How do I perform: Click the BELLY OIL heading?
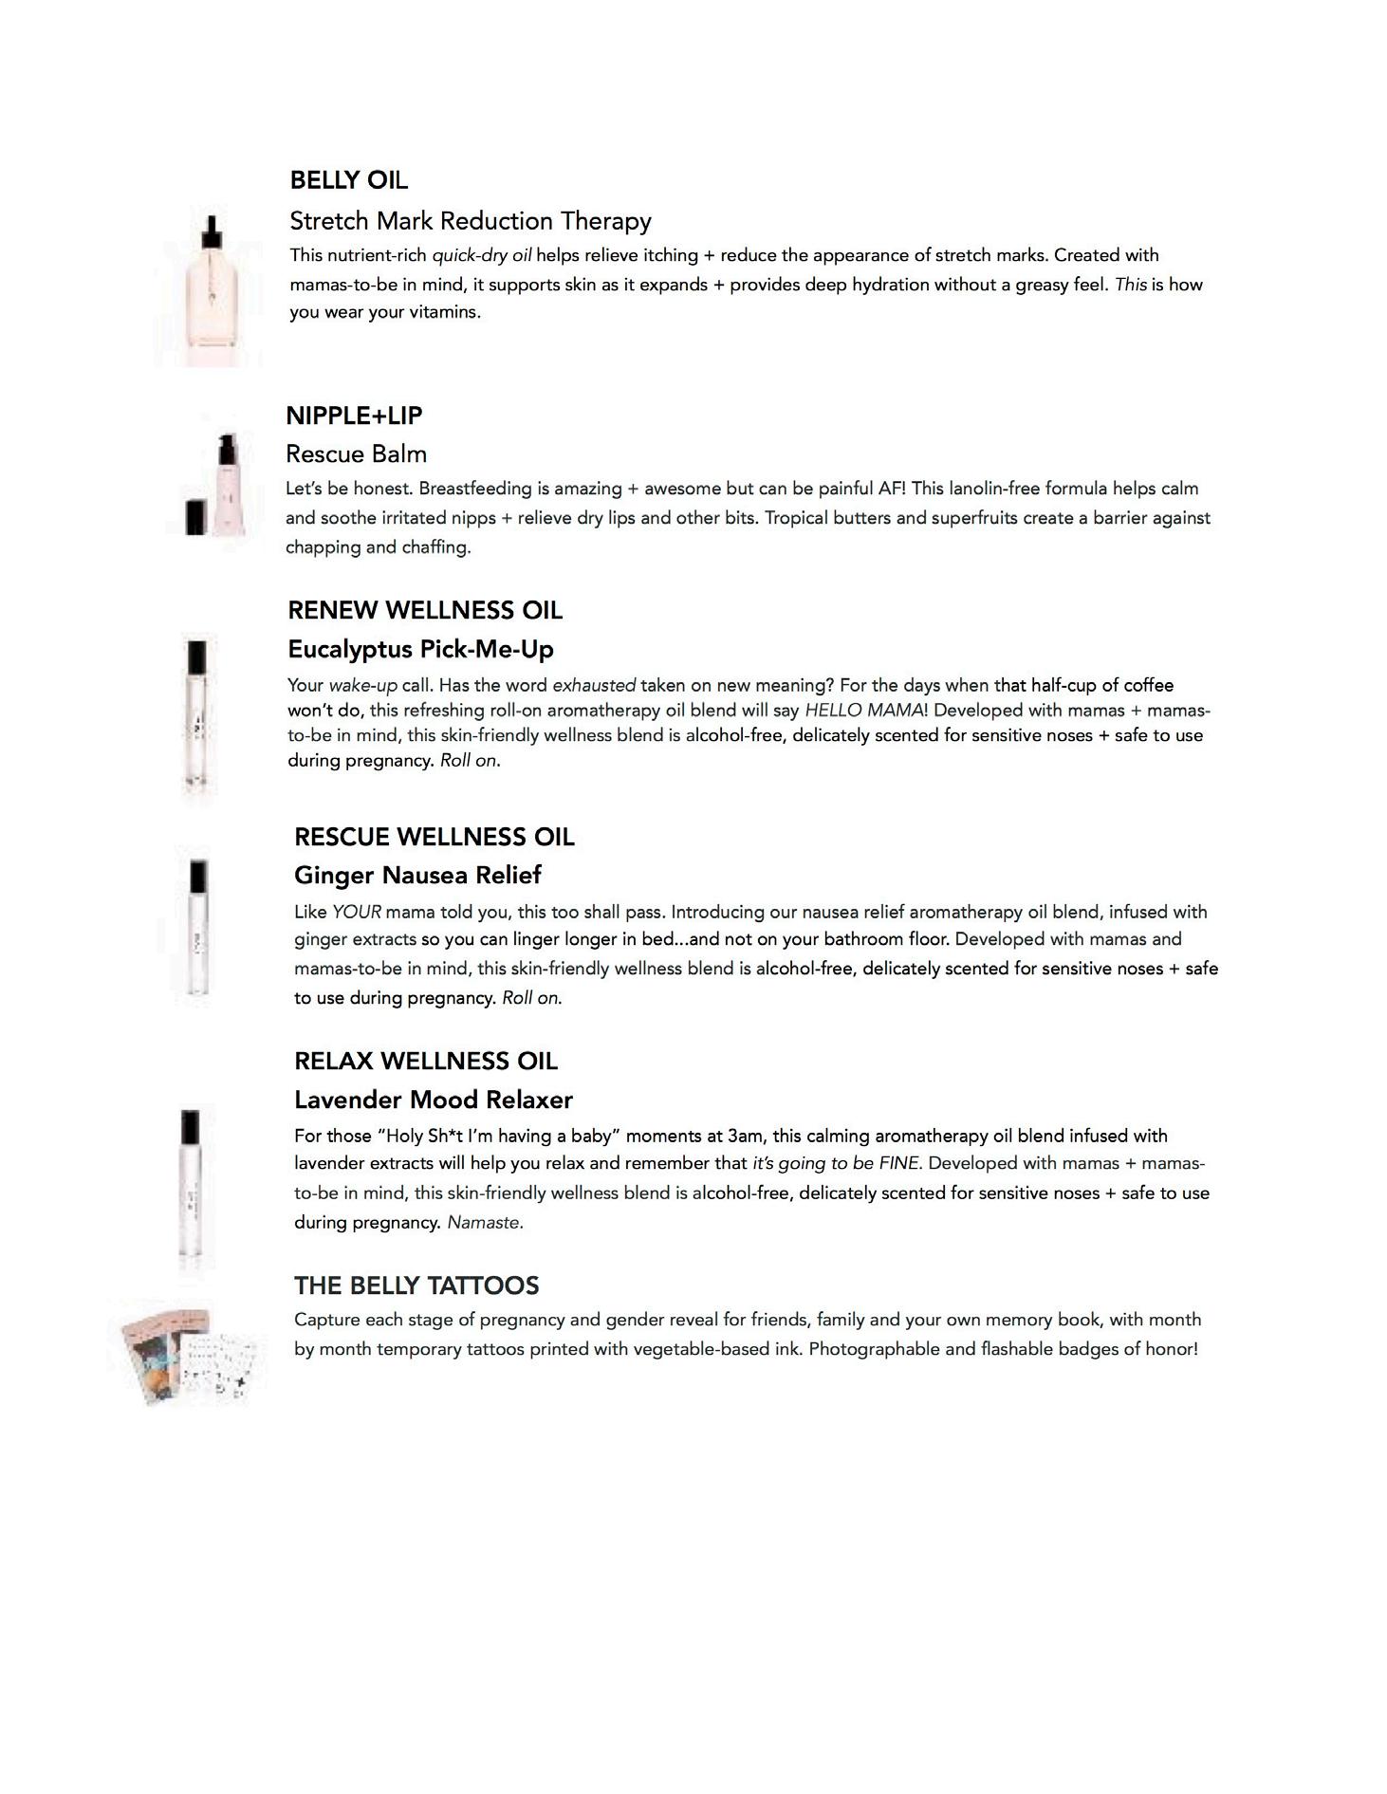pos(348,180)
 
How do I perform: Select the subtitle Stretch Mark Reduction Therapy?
pos(470,221)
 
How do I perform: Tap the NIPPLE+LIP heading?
pos(354,416)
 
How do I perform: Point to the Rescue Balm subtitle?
pos(356,453)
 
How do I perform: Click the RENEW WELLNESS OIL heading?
pos(425,610)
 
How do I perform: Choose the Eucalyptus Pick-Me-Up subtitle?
pos(420,649)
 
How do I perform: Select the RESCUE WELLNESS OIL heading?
pos(434,837)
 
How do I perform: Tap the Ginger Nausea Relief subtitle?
pos(417,875)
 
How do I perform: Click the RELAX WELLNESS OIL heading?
pos(425,1061)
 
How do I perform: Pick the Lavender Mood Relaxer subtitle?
pos(434,1100)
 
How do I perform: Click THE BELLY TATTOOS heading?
pos(416,1285)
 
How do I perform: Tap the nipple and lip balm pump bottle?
pos(225,484)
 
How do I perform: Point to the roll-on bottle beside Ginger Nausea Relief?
pos(198,927)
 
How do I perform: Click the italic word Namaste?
pos(484,1222)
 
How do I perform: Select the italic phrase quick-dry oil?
pos(482,255)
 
